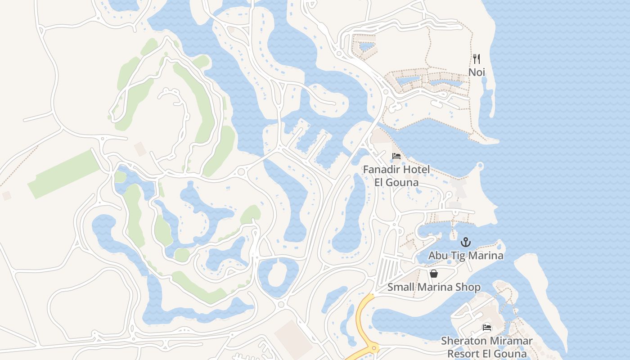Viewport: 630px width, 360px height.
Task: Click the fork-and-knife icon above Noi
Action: pos(477,59)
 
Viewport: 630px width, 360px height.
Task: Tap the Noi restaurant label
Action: pos(477,72)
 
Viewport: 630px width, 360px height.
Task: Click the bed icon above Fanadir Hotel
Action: pos(396,156)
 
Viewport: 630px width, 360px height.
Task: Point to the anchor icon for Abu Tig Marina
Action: pos(466,243)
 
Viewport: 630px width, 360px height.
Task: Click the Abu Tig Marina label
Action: pos(466,256)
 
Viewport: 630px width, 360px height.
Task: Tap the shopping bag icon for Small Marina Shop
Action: pos(434,274)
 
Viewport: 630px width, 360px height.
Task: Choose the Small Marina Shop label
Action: pos(434,287)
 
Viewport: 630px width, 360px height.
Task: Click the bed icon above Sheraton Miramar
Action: pos(487,328)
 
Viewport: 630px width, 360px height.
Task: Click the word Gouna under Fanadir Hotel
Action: pos(404,182)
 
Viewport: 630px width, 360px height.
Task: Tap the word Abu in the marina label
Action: pos(437,256)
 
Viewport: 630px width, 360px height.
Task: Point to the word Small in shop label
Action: pos(400,287)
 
